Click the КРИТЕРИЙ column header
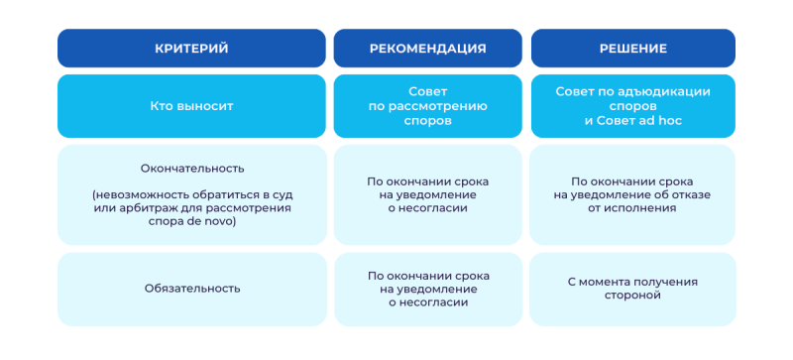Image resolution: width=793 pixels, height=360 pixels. pyautogui.click(x=191, y=49)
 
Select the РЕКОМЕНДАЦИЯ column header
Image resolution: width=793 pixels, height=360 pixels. pyautogui.click(x=428, y=49)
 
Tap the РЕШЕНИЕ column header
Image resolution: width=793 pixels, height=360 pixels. pyautogui.click(x=633, y=49)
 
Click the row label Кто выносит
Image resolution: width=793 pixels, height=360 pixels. pyautogui.click(x=191, y=106)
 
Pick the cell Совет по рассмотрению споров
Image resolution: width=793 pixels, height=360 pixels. pyautogui.click(x=428, y=106)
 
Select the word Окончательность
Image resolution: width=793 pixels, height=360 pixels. pyautogui.click(x=192, y=169)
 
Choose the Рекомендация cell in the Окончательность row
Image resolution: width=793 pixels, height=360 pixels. pyautogui.click(x=428, y=195)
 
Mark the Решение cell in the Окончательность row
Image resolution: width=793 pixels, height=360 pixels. pyautogui.click(x=632, y=195)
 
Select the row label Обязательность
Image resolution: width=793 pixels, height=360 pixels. pyautogui.click(x=192, y=289)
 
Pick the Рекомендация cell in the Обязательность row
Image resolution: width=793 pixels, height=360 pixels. pyautogui.click(x=428, y=290)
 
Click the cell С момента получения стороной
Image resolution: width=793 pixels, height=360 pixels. pyautogui.click(x=632, y=289)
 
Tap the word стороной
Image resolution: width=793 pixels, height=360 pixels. pyautogui.click(x=632, y=296)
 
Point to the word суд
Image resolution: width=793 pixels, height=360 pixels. pyautogui.click(x=283, y=195)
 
